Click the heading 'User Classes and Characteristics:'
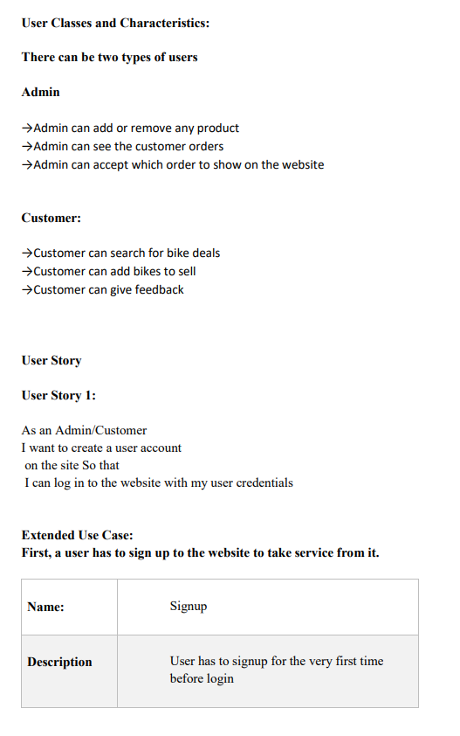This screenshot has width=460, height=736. [x=115, y=23]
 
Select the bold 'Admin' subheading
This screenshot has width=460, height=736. [x=40, y=92]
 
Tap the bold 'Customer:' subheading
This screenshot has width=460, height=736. [x=51, y=218]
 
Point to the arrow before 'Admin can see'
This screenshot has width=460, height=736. [x=27, y=147]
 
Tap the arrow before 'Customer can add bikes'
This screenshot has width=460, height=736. [x=27, y=272]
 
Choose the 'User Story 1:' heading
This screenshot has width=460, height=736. [x=58, y=395]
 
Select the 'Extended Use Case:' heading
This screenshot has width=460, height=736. [x=77, y=535]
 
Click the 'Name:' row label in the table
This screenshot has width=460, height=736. [x=45, y=607]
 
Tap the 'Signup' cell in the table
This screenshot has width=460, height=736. [x=189, y=606]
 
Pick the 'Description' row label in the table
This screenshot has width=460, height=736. [x=59, y=662]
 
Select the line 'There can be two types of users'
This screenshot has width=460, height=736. [x=109, y=58]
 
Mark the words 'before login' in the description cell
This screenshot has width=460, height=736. [x=202, y=678]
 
